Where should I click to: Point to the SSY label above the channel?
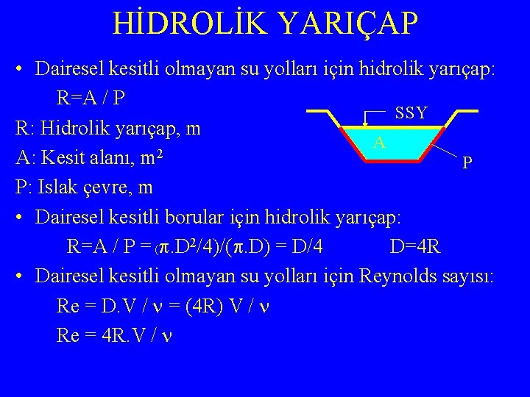tap(410, 112)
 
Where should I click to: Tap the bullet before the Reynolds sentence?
tap(20, 277)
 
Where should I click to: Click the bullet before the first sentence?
tap(20, 69)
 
